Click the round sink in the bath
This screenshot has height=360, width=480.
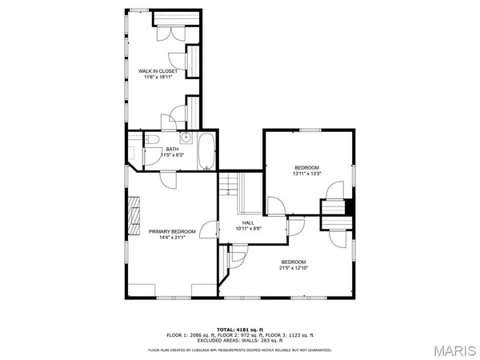pos(185,137)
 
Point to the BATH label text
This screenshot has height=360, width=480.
pos(172,148)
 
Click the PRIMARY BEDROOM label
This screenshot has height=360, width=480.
pos(172,231)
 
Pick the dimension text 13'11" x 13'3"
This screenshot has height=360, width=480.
pos(306,174)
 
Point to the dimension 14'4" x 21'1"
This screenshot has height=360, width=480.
pos(172,238)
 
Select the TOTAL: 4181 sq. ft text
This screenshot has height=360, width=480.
pos(240,329)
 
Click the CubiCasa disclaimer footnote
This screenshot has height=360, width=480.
pos(240,350)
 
